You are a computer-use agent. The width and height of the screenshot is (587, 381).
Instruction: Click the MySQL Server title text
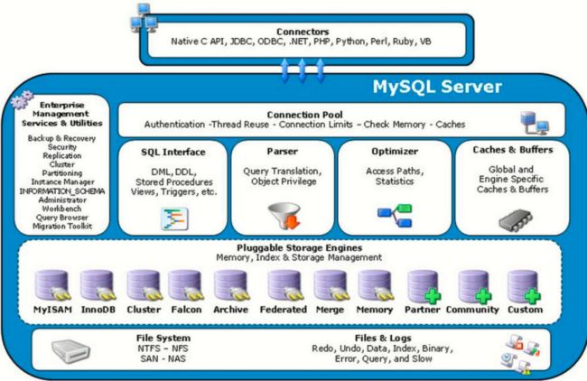pos(437,87)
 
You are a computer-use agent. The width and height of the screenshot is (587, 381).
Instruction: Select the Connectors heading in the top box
pos(303,32)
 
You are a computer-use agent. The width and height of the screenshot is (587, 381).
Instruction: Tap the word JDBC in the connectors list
pos(241,42)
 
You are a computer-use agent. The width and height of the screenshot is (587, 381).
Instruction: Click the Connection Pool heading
pos(304,115)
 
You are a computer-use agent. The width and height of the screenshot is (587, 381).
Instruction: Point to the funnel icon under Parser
pos(284,216)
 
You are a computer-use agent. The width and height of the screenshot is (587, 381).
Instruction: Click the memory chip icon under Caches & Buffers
pos(516,220)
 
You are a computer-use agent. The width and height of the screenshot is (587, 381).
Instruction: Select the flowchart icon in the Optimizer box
pos(395,216)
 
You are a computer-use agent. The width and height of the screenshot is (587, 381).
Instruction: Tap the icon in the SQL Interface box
pos(174,218)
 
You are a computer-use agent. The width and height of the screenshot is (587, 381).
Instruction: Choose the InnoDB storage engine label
pos(98,310)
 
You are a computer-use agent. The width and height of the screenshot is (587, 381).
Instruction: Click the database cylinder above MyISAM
pos(52,285)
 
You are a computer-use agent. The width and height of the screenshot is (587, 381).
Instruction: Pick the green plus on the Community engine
pos(483,296)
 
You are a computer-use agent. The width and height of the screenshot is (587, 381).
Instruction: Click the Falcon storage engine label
pos(186,310)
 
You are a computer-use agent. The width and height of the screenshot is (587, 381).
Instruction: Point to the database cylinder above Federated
pos(284,285)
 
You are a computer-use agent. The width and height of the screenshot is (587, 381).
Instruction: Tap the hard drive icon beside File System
pos(70,351)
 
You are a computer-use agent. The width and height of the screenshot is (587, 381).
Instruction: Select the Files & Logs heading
pos(383,338)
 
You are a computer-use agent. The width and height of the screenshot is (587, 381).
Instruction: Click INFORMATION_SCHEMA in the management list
pos(62,191)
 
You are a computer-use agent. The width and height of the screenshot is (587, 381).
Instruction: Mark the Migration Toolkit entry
pos(62,226)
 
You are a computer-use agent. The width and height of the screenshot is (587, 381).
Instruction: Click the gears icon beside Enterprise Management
pos(22,99)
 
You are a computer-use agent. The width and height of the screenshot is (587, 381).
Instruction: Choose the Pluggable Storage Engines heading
pos(300,247)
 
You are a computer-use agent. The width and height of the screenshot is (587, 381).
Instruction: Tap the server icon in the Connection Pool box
pos(535,123)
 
